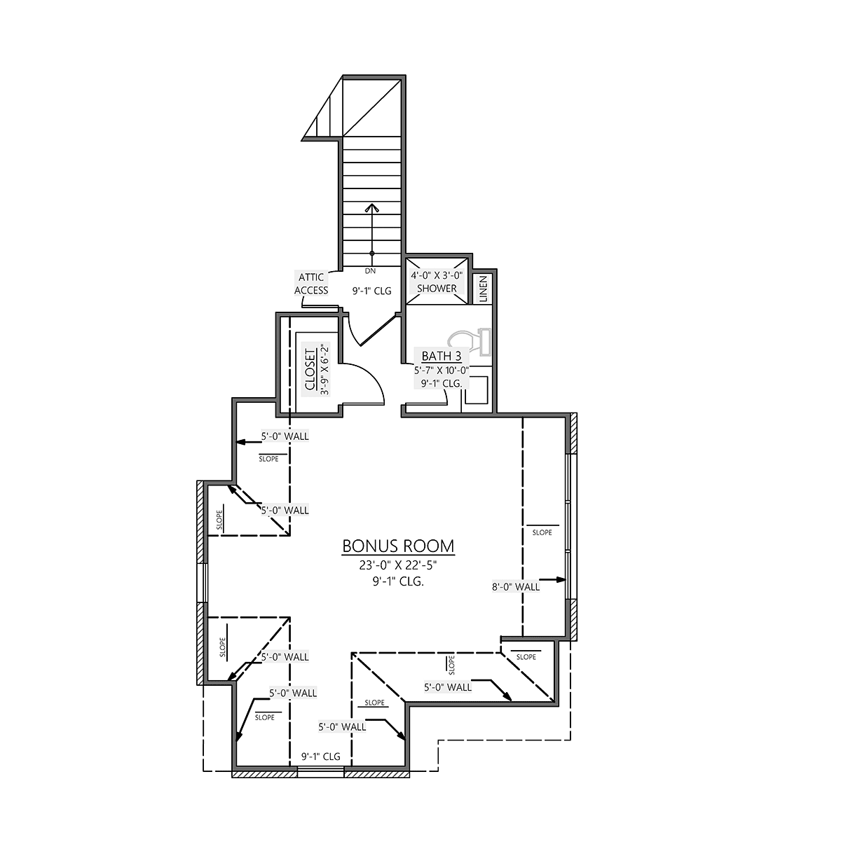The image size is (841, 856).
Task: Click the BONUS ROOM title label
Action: click(398, 546)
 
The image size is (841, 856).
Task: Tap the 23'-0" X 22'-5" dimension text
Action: click(398, 565)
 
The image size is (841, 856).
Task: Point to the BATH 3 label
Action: click(442, 357)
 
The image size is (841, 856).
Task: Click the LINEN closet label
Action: click(484, 289)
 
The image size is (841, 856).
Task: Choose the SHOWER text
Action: click(437, 289)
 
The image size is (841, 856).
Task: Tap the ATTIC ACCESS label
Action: click(311, 284)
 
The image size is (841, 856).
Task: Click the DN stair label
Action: click(370, 270)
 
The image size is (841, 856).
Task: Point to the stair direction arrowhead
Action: click(372, 208)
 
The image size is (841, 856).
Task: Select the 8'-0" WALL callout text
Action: click(516, 587)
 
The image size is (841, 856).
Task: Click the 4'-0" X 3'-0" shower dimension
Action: click(437, 275)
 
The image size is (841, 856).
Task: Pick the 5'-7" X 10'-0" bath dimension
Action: click(442, 370)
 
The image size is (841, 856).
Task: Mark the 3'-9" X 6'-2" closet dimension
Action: click(324, 370)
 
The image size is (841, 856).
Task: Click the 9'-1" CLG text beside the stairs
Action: click(372, 291)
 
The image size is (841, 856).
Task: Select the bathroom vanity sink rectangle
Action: click(476, 390)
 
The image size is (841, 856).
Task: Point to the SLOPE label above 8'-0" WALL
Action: click(542, 532)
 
